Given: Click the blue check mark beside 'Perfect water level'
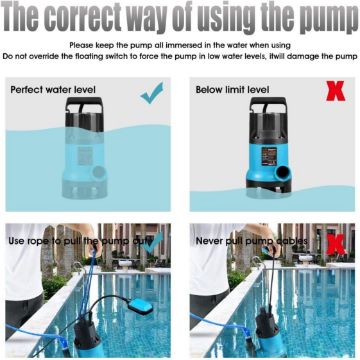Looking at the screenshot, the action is pyautogui.click(x=152, y=93).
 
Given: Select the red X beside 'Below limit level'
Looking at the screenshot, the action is pyautogui.click(x=335, y=91).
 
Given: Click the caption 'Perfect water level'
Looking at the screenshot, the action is pyautogui.click(x=53, y=90).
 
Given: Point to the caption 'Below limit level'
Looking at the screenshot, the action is pyautogui.click(x=232, y=90).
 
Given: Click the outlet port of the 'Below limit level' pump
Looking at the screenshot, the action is pyautogui.click(x=283, y=173).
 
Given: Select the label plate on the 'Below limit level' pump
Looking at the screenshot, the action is pyautogui.click(x=269, y=155).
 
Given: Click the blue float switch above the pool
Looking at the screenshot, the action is pyautogui.click(x=140, y=306).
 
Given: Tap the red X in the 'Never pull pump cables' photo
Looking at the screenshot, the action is pyautogui.click(x=336, y=244).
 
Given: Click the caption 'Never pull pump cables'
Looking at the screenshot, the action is pyautogui.click(x=252, y=241).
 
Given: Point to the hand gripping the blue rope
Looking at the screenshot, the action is pyautogui.click(x=94, y=246).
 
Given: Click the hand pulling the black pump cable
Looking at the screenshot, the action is pyautogui.click(x=273, y=247).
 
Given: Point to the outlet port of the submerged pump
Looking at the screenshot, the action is pyautogui.click(x=99, y=172).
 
